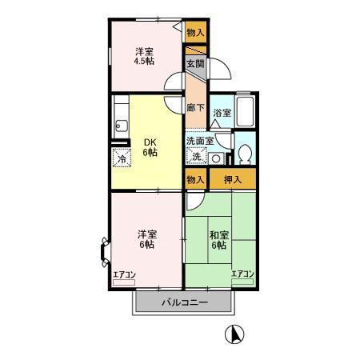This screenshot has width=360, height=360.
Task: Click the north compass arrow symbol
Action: coord(234,335)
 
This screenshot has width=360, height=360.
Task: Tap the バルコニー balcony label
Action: coord(185,303)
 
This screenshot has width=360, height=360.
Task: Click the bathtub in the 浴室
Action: coord(246,110)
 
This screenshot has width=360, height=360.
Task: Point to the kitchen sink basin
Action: coord(122,125)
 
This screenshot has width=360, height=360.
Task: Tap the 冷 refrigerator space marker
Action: coord(122,158)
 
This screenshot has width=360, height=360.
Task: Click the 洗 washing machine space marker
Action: coord(196,156)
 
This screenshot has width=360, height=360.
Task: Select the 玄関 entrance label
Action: coord(195,64)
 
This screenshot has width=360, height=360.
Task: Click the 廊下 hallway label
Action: coord(196,107)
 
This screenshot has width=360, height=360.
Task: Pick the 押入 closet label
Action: coord(233,180)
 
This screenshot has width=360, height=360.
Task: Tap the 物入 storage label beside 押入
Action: coord(195,180)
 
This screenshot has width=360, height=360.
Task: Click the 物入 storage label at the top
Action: coord(195,32)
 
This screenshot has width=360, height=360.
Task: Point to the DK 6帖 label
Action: coord(150,147)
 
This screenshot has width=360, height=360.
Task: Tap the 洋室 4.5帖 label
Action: coord(144,56)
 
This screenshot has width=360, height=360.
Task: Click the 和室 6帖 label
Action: coord(219,240)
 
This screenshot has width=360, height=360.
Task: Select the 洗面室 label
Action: coord(200,141)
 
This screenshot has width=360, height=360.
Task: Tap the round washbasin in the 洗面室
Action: coord(215,159)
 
